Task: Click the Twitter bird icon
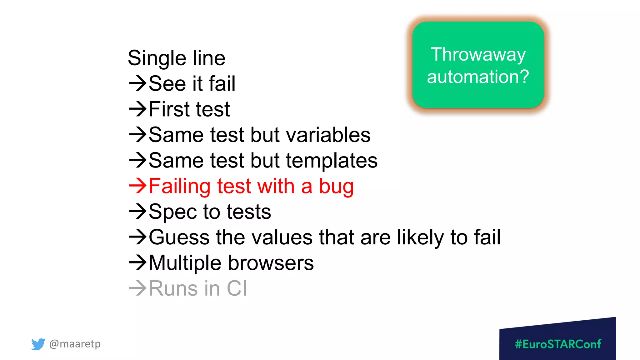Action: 38,344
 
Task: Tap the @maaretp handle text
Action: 75,344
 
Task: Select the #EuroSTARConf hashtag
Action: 558,344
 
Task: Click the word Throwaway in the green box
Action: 478,55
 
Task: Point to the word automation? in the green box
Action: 478,77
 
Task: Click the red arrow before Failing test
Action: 138,186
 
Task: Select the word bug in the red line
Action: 336,187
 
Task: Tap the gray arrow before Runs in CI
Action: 138,288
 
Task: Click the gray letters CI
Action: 237,288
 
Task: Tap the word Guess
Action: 179,237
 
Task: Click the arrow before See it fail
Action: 138,83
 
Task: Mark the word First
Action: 169,109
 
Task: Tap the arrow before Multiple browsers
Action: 138,262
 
